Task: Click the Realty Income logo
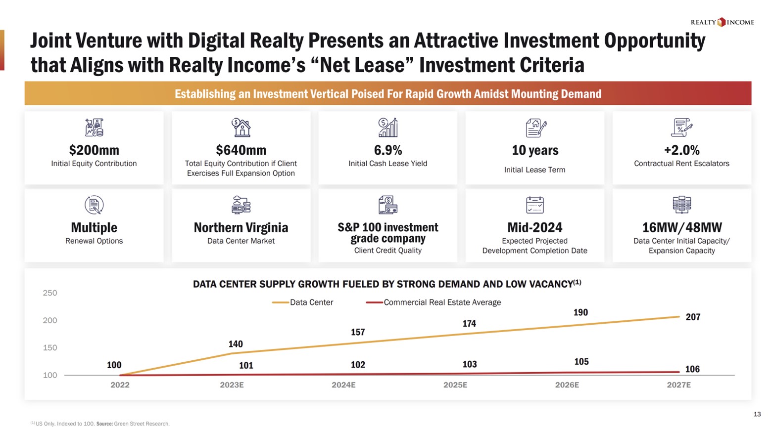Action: pyautogui.click(x=722, y=22)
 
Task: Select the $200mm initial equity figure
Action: pyautogui.click(x=94, y=150)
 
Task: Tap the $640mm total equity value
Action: pyautogui.click(x=241, y=150)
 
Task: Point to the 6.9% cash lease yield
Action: pyautogui.click(x=387, y=150)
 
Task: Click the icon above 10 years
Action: pyautogui.click(x=535, y=128)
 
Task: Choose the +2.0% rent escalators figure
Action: pyautogui.click(x=681, y=150)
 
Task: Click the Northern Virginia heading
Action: pyautogui.click(x=241, y=227)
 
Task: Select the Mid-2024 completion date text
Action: pyautogui.click(x=534, y=227)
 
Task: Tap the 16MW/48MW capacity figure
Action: pyautogui.click(x=681, y=227)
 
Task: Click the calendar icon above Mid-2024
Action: pyautogui.click(x=534, y=205)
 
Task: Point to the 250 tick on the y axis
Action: pyautogui.click(x=50, y=293)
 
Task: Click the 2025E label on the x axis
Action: pyautogui.click(x=455, y=385)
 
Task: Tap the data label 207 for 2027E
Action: pyautogui.click(x=693, y=317)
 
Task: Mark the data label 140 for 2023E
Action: pyautogui.click(x=236, y=344)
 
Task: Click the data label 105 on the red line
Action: pyautogui.click(x=581, y=362)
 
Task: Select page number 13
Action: pyautogui.click(x=757, y=414)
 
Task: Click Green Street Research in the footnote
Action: pyautogui.click(x=142, y=424)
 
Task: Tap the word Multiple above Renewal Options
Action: pyautogui.click(x=94, y=227)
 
